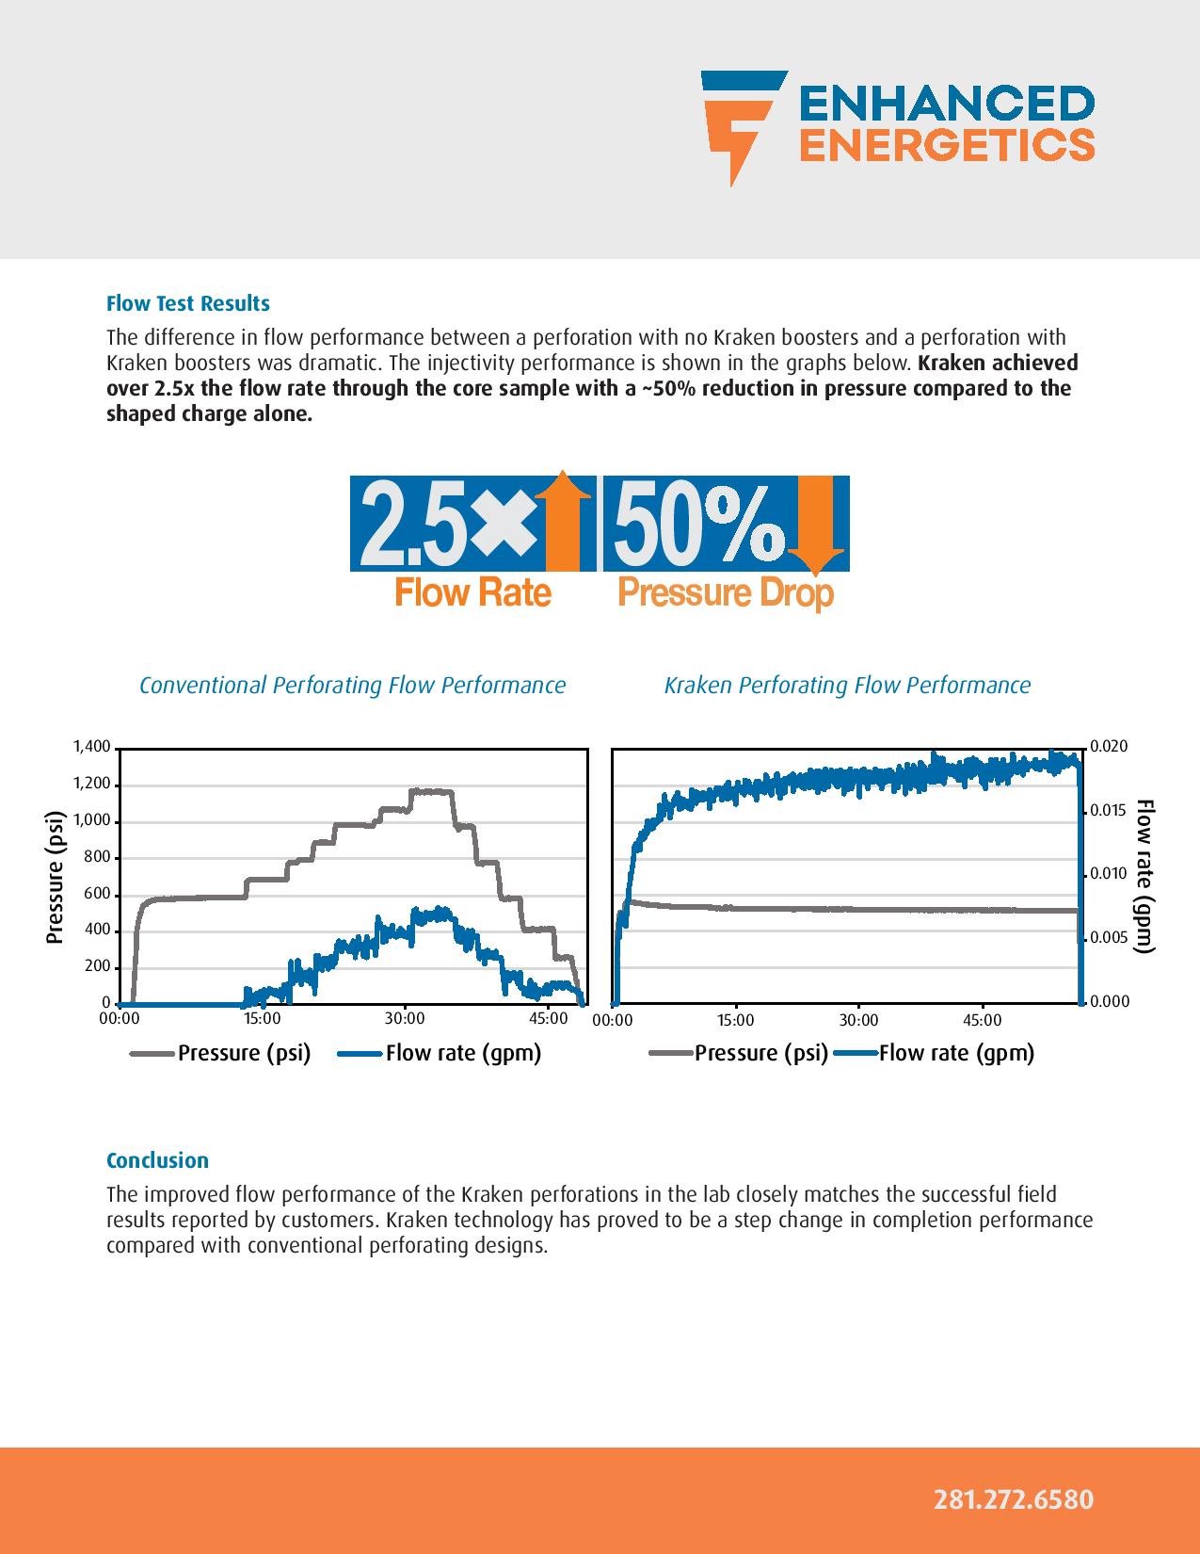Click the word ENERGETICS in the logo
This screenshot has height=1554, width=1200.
(946, 144)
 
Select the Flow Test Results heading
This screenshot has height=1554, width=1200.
(187, 303)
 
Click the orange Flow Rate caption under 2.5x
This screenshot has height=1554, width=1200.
(472, 593)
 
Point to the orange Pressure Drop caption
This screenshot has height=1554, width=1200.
(725, 593)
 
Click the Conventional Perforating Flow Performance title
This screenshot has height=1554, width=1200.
(352, 685)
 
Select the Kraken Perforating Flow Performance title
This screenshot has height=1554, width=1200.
(847, 685)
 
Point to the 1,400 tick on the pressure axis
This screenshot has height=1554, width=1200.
(92, 748)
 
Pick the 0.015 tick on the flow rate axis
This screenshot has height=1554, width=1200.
(1108, 810)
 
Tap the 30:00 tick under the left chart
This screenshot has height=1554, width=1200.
(405, 1019)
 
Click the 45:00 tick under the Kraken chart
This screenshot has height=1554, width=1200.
(983, 1020)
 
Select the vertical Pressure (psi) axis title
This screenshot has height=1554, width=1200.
(55, 876)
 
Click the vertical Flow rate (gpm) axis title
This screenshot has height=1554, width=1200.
(1144, 876)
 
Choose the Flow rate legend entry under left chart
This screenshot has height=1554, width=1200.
(462, 1053)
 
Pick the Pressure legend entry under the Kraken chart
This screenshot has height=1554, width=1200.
(760, 1053)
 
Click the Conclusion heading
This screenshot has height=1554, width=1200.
(157, 1160)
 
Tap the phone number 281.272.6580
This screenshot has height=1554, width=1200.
(1013, 1499)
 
